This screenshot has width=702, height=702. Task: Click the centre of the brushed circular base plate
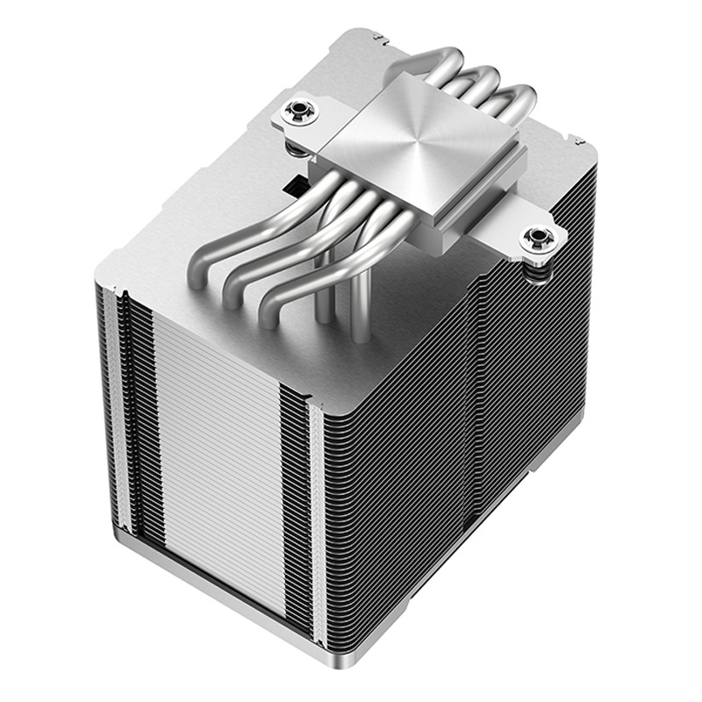pyautogui.click(x=429, y=141)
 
